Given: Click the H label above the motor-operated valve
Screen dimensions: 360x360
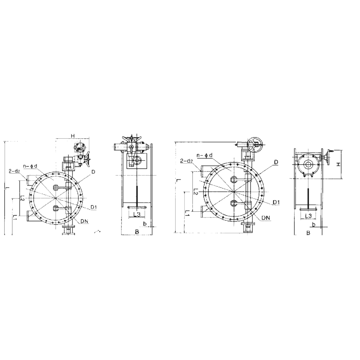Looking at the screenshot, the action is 73,136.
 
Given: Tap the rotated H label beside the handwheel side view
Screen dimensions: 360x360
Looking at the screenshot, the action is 338,165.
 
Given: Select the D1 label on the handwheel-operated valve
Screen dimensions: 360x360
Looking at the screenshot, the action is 276,202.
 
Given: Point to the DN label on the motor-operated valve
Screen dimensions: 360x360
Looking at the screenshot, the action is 84,221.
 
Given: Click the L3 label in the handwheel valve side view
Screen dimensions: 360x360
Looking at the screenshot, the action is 308,216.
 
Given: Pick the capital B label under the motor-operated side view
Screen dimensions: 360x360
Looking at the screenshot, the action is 137,232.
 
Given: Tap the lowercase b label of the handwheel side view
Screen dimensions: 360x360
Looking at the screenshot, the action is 314,224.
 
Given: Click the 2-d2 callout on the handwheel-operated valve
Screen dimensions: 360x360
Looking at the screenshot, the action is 186,161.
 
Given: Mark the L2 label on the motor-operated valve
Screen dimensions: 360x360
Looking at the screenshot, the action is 22,198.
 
